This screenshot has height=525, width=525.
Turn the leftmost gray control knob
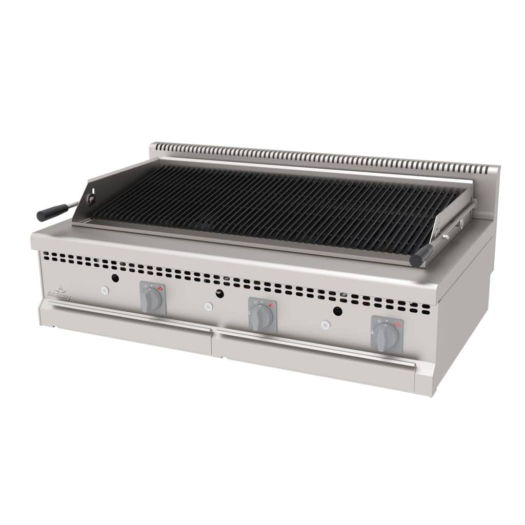click(153, 299)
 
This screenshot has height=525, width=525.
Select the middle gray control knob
click(262, 316)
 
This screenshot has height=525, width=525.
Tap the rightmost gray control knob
click(386, 337)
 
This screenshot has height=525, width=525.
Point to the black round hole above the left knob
click(115, 278)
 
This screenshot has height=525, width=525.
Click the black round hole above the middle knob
click(220, 293)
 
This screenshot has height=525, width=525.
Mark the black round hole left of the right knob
click(337, 311)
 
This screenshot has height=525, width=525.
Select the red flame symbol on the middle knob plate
click(270, 305)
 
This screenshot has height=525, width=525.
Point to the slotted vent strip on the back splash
click(323, 156)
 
